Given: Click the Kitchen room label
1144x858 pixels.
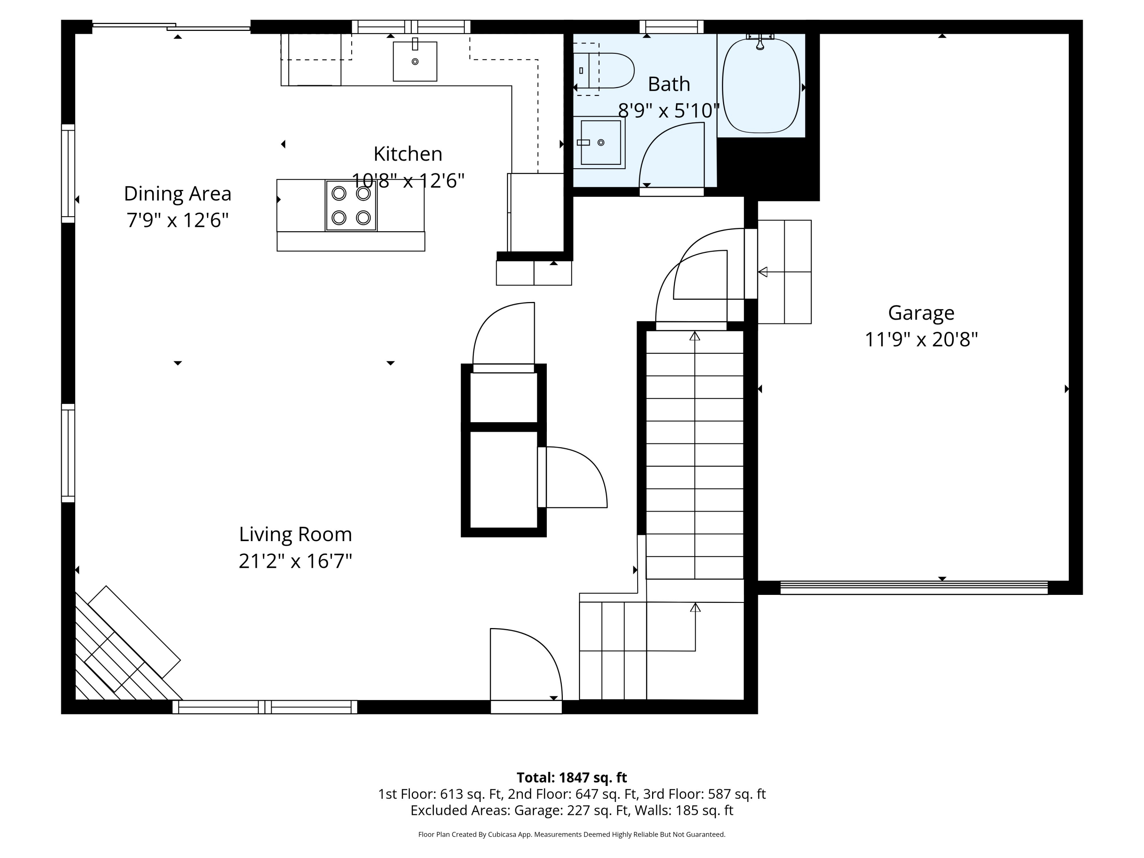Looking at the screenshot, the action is (x=408, y=154).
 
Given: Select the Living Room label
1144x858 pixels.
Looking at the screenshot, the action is (x=295, y=534).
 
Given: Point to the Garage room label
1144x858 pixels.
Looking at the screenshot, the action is (x=921, y=313).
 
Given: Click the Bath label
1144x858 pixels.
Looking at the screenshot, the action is (x=669, y=84).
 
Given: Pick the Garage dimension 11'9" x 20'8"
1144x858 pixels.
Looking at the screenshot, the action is (x=921, y=340).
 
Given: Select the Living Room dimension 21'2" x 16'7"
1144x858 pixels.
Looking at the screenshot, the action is (x=295, y=561).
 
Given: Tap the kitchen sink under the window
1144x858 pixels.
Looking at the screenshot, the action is (x=415, y=61).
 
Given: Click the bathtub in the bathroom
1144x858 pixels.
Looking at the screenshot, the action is (x=761, y=85).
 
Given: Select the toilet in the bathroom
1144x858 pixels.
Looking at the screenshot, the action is (x=604, y=70).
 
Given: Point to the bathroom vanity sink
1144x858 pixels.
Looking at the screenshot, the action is (x=600, y=143).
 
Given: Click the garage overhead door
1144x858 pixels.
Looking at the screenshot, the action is (x=914, y=588).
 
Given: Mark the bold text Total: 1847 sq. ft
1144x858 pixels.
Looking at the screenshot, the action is (x=572, y=777).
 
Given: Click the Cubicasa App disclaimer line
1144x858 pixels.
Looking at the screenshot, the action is (x=572, y=834).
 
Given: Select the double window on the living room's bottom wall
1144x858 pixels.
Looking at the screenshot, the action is (x=265, y=707).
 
